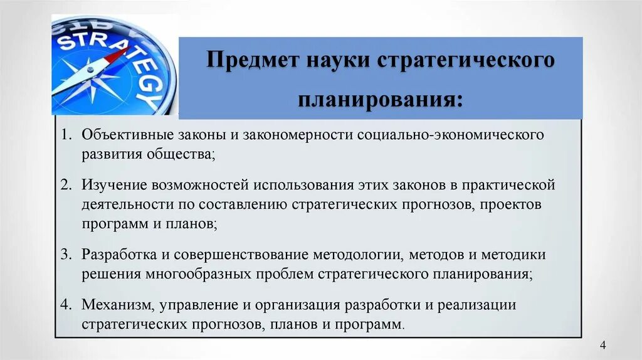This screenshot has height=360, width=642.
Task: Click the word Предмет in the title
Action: [252, 62]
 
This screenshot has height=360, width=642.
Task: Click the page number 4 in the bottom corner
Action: [603, 346]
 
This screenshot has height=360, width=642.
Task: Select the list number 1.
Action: [66, 135]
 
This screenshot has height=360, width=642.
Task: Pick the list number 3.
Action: [66, 255]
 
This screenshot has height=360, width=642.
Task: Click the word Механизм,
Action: [117, 305]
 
